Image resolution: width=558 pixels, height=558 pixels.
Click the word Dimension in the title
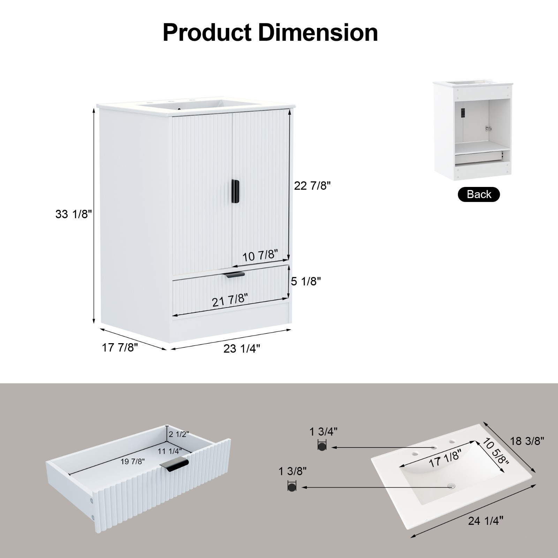click(318, 32)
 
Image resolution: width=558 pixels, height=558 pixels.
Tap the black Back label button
click(478, 194)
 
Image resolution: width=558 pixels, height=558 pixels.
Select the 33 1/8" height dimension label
click(73, 214)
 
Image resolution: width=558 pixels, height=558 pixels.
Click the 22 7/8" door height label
click(312, 186)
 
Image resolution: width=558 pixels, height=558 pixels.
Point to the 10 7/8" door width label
click(260, 256)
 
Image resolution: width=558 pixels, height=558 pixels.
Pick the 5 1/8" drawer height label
click(306, 281)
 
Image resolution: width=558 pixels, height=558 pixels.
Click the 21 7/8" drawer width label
click(230, 300)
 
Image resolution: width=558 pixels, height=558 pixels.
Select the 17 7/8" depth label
click(120, 347)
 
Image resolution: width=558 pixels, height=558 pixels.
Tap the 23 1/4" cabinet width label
click(242, 348)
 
